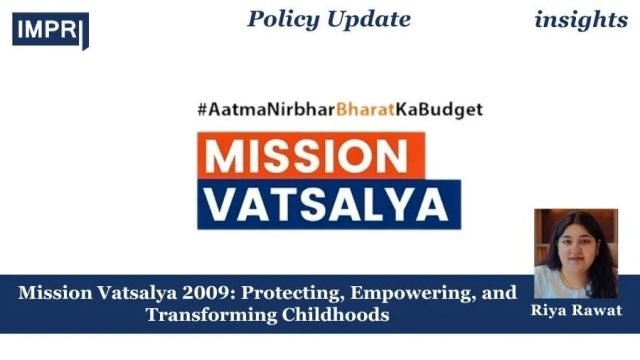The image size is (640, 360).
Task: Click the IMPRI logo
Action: click(x=50, y=29)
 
